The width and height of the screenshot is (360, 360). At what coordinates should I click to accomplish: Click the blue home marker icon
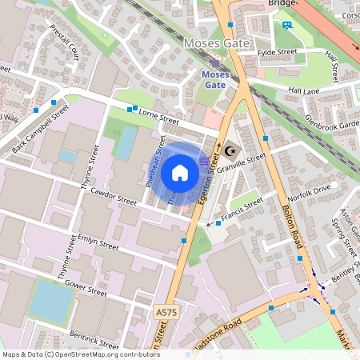[x=180, y=172]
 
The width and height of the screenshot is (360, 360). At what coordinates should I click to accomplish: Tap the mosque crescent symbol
[x=231, y=150]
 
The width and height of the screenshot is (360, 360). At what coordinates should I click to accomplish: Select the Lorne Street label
[x=158, y=119]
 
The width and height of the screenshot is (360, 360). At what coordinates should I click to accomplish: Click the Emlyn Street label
[x=98, y=240]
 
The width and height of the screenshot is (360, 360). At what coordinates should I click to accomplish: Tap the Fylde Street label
[x=277, y=54]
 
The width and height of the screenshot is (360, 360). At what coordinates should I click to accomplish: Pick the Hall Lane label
[x=304, y=91]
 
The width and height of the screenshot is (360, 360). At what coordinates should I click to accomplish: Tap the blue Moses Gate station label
[x=216, y=78]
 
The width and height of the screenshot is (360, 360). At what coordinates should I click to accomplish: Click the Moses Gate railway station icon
[x=215, y=62]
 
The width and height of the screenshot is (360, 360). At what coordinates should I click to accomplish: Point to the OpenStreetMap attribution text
[x=81, y=354]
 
